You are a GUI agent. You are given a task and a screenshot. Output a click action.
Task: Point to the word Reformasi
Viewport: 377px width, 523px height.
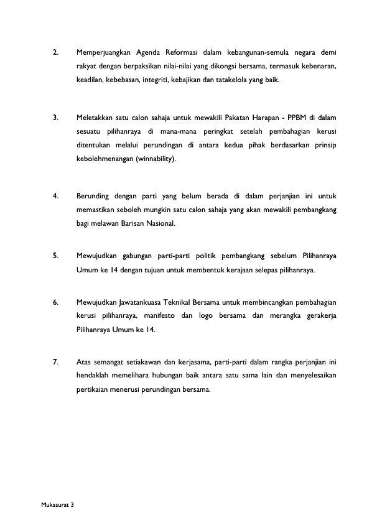pyautogui.click(x=184, y=52)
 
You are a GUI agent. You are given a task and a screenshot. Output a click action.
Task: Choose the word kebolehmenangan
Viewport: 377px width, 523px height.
pyautogui.click(x=103, y=159)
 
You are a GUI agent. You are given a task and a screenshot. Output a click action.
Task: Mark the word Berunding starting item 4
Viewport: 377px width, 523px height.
pyautogui.click(x=93, y=197)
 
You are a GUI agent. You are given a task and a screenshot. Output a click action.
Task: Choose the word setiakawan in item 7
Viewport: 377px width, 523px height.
pyautogui.click(x=136, y=361)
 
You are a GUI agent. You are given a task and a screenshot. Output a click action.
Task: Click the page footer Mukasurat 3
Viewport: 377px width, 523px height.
pyautogui.click(x=57, y=504)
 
